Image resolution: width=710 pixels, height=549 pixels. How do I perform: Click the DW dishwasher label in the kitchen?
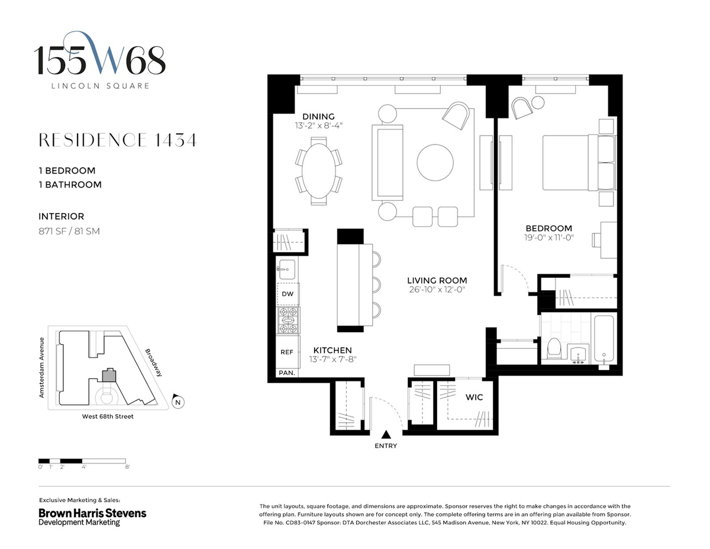click(x=288, y=294)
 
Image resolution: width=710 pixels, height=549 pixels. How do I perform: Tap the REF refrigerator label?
click(x=287, y=352)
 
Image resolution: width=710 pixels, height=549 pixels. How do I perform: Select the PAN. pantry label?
click(x=287, y=373)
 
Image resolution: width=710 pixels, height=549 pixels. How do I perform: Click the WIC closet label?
click(x=474, y=397)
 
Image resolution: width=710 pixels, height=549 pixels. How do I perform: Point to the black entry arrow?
click(x=386, y=434)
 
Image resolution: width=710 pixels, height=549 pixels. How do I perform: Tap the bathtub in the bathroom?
click(x=604, y=339)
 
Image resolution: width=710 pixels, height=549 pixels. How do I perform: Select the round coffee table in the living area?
click(x=435, y=162)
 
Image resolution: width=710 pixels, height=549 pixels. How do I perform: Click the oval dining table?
click(x=318, y=171)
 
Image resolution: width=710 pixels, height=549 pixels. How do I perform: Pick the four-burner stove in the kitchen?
click(x=288, y=320)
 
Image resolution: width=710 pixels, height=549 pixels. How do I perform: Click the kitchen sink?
click(x=287, y=269)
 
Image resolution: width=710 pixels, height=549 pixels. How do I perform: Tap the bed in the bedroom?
click(x=579, y=162)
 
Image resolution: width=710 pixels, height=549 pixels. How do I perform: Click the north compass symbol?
click(x=177, y=402)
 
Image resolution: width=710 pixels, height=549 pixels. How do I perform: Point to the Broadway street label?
click(x=154, y=362)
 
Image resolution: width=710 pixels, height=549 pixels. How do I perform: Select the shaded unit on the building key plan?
click(x=109, y=375)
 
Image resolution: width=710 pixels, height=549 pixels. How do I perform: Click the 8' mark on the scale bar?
click(x=127, y=467)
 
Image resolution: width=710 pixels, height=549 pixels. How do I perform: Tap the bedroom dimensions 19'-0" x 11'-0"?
click(x=549, y=237)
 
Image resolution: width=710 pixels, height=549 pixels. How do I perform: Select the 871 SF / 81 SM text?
click(x=69, y=231)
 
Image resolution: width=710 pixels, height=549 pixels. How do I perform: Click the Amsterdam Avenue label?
click(x=41, y=368)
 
